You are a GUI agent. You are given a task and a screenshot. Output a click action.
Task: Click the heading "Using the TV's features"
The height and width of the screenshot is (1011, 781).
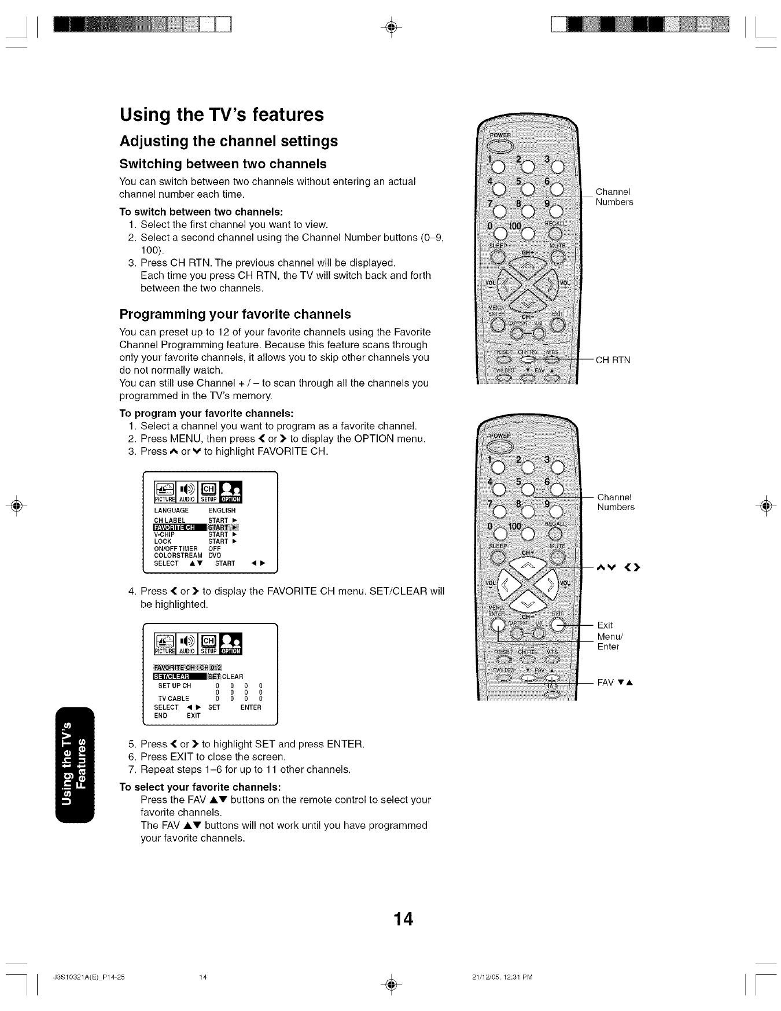[x=222, y=115]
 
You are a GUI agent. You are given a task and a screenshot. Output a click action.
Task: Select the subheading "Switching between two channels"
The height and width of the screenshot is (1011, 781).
[x=223, y=164]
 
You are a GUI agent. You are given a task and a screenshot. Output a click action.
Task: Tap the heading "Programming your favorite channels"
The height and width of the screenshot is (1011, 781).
[x=235, y=314]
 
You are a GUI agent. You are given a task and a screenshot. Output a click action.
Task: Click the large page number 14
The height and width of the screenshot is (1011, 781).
[x=403, y=918]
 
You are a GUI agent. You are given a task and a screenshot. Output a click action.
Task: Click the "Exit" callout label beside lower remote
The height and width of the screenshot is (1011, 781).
[x=605, y=625]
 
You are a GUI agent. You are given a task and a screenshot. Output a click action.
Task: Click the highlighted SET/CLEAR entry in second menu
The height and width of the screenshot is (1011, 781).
[x=172, y=677]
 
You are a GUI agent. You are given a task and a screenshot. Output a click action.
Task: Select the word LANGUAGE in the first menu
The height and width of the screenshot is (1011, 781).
[x=171, y=511]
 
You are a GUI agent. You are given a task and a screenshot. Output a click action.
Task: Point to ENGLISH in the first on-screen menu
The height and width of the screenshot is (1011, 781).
[x=222, y=511]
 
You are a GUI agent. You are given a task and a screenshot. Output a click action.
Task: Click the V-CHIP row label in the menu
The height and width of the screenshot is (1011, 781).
[x=164, y=534]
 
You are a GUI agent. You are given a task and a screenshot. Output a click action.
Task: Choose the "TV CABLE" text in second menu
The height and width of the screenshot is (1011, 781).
[x=174, y=699]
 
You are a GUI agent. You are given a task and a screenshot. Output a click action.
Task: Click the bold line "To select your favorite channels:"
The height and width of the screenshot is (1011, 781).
[x=200, y=787]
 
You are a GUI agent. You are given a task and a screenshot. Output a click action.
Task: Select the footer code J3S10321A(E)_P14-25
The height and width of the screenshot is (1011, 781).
[x=89, y=977]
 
